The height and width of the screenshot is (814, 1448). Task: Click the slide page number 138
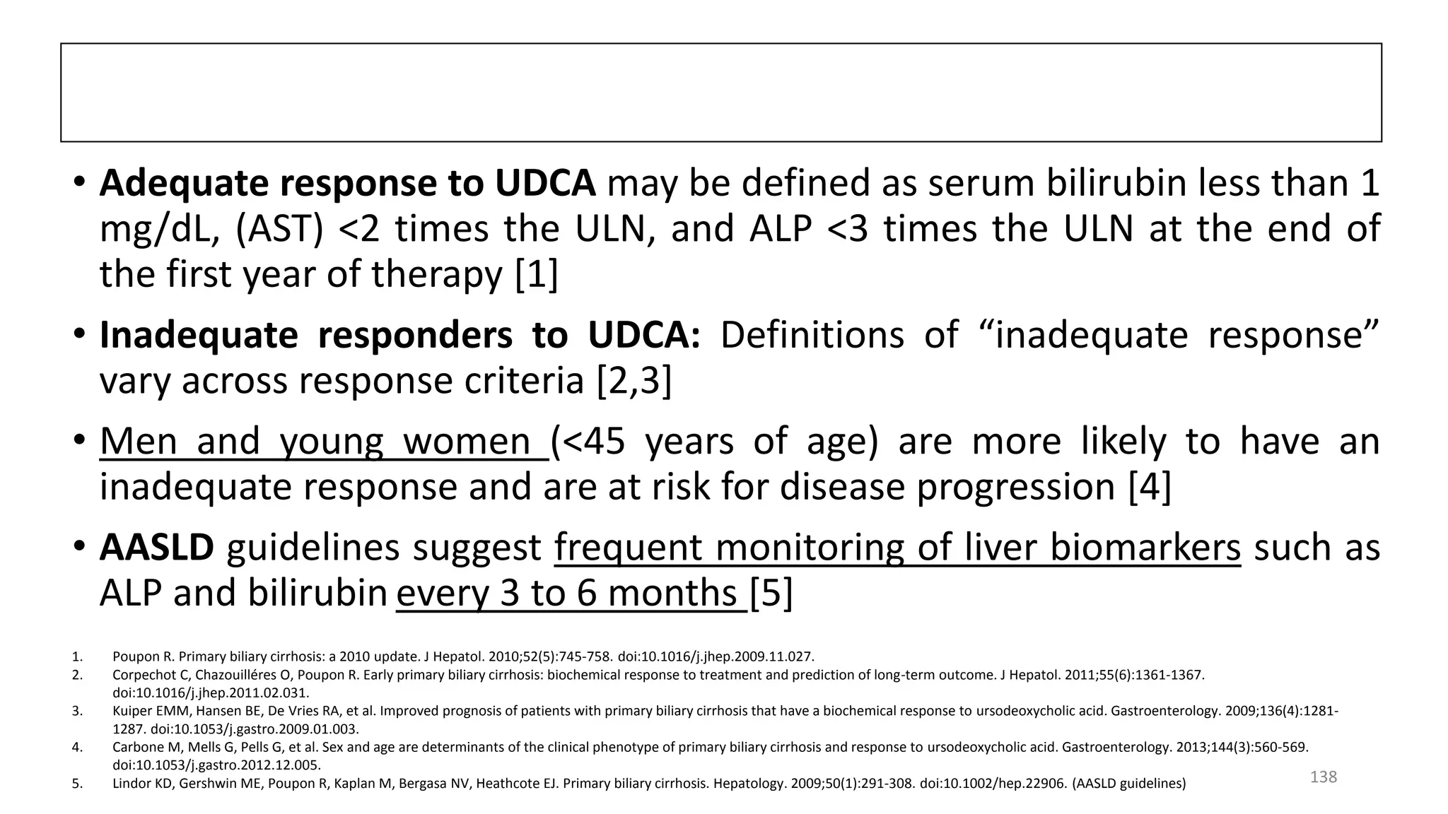click(x=1323, y=777)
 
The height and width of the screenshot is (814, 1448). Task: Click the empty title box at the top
click(x=720, y=93)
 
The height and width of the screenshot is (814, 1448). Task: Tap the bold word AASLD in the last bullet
click(x=156, y=548)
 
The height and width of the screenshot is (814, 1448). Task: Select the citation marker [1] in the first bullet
click(x=536, y=274)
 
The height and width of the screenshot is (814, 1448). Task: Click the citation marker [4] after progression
click(x=1149, y=487)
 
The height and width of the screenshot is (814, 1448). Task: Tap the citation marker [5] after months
click(x=771, y=593)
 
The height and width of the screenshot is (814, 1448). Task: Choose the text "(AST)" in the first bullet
click(x=279, y=229)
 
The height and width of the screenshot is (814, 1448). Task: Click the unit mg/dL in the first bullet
click(x=159, y=229)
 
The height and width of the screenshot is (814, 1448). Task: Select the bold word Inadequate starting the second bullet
click(x=199, y=335)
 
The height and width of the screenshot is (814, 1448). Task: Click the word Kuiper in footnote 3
click(x=130, y=711)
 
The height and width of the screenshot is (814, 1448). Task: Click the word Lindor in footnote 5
click(x=129, y=784)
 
